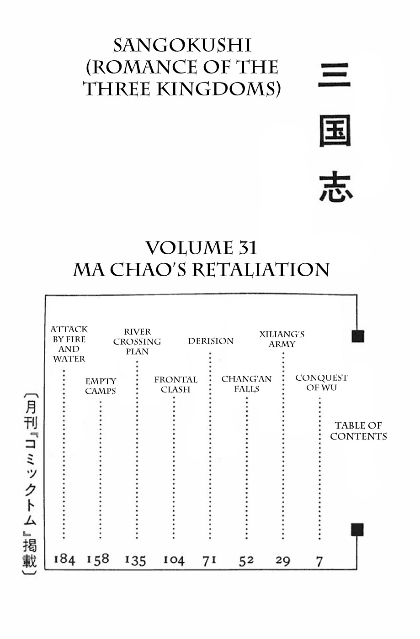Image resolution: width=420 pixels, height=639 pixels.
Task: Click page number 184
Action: coord(64,560)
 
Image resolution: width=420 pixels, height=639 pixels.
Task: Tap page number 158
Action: coord(98,560)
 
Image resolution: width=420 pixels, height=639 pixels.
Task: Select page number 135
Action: coord(135,560)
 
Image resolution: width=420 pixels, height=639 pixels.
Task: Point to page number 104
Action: coord(174,560)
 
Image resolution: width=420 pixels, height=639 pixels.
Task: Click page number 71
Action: coord(209,561)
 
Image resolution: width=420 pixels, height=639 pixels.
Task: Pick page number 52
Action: coord(246,561)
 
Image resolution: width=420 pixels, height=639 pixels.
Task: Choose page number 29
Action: coord(283,561)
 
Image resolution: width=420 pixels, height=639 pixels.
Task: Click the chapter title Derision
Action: coord(211,341)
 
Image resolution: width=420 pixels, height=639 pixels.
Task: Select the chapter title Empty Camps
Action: coord(101,386)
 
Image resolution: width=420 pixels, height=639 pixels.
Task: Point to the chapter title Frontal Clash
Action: coord(175,384)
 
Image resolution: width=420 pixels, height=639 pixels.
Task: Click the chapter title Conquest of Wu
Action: coord(322,382)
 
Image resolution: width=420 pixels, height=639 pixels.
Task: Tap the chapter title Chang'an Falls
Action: coord(247,384)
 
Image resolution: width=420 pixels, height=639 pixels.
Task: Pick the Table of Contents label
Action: coord(359,431)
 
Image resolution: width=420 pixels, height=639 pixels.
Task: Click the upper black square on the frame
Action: coord(358,336)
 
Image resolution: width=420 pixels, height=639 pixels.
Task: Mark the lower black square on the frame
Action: coord(357,529)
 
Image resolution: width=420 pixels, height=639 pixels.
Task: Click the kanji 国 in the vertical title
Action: coord(335,131)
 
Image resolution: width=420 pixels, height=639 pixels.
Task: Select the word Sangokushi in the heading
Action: coord(182,46)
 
